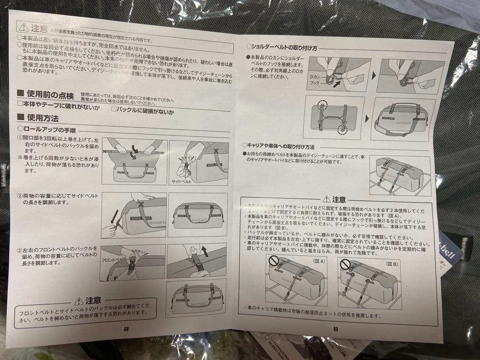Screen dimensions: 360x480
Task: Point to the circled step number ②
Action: coord(20,196)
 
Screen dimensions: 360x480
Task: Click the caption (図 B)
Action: coord(392,264)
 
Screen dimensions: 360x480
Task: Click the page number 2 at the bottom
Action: coord(127,329)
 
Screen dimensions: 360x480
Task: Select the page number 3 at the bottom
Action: coord(336,329)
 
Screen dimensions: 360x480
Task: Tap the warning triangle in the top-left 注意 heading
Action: coord(24,28)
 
